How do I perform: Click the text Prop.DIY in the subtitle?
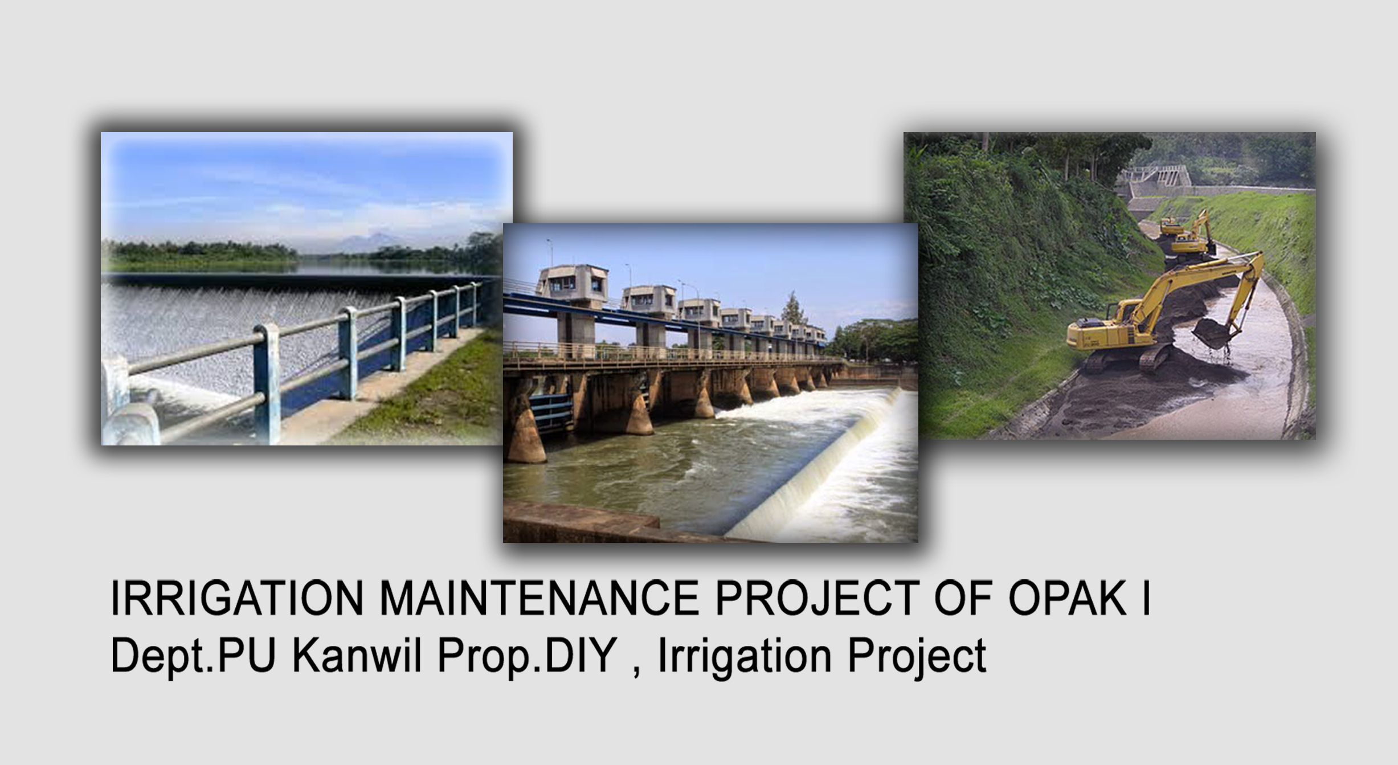[x=528, y=657]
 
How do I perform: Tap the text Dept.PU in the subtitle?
[x=193, y=657]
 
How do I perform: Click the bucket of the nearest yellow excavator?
[x=1211, y=333]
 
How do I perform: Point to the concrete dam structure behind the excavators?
[x=1151, y=181]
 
